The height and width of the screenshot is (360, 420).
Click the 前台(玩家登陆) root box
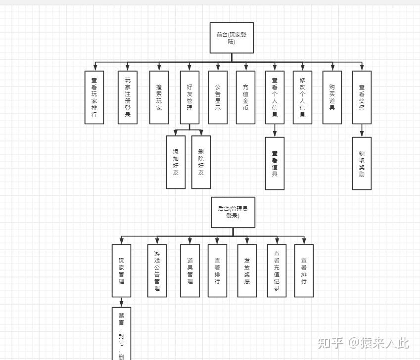(x=232, y=38)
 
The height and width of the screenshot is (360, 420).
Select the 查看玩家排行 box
(x=94, y=97)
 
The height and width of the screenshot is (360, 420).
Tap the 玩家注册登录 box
(x=128, y=97)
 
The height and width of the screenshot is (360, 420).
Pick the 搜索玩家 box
(x=159, y=97)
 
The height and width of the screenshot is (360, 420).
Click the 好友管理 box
(x=189, y=97)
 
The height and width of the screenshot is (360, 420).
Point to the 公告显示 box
(x=218, y=97)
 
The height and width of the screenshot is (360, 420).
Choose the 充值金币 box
(x=245, y=97)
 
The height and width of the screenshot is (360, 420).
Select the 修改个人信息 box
(x=302, y=97)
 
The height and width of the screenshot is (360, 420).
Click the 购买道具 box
(x=332, y=97)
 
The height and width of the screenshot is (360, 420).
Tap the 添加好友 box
(x=176, y=162)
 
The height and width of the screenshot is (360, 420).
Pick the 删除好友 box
(x=201, y=162)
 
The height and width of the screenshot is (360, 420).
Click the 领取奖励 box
(x=362, y=163)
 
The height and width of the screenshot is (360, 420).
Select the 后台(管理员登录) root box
(x=233, y=212)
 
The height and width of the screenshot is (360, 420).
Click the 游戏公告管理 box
(x=157, y=270)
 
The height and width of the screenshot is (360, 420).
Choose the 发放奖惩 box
(x=247, y=270)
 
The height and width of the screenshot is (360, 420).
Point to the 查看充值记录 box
(x=277, y=270)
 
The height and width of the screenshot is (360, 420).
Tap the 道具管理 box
(x=189, y=270)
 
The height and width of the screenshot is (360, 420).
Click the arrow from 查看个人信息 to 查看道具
(x=275, y=131)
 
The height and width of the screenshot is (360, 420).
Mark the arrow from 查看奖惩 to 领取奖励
(x=362, y=131)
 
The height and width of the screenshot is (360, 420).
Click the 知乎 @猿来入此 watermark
(x=363, y=342)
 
